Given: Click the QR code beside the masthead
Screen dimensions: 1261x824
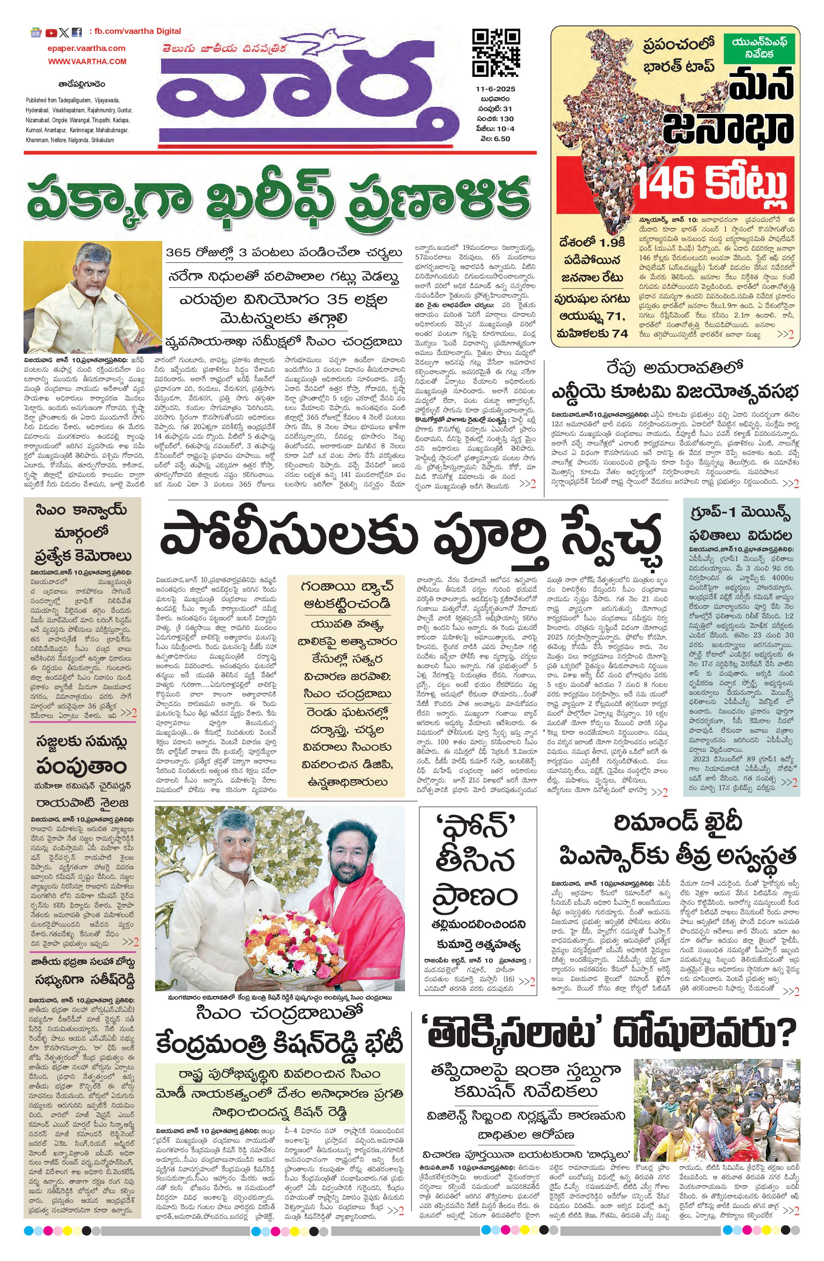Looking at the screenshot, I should (x=495, y=53).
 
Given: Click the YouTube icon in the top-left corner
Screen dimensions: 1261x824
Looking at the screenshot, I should (x=51, y=33).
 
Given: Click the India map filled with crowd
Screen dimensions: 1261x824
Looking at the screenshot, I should (x=610, y=127).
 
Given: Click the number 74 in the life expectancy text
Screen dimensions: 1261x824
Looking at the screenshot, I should (x=620, y=333).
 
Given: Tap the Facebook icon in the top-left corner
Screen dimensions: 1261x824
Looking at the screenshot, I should (x=77, y=33).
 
